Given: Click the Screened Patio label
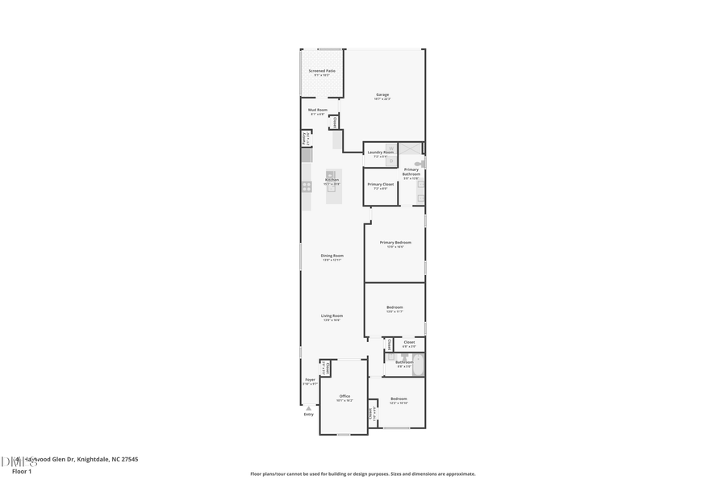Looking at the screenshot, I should click(322, 71).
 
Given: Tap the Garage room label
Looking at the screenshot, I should click(382, 95).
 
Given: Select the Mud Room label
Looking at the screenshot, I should click(318, 110).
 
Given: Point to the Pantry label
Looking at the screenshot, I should click(305, 138).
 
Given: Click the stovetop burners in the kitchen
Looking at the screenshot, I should click(307, 186).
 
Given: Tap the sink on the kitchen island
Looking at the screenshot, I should click(330, 175).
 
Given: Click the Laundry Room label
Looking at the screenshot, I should click(381, 152).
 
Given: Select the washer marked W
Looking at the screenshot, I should click(390, 148).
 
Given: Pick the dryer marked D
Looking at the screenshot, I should click(390, 161).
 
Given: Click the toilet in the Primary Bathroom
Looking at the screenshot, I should click(418, 164).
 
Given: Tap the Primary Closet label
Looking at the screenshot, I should click(381, 185).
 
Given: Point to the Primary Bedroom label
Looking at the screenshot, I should click(395, 243).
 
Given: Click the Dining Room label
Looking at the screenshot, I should click(332, 256).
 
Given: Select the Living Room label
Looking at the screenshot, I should click(332, 316).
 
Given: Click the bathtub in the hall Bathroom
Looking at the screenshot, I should click(418, 366).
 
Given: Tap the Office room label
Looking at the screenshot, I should click(344, 396).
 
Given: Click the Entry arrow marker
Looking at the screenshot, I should click(309, 409).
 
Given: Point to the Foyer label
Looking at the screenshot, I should click(310, 380).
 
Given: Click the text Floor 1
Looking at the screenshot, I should click(22, 471).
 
